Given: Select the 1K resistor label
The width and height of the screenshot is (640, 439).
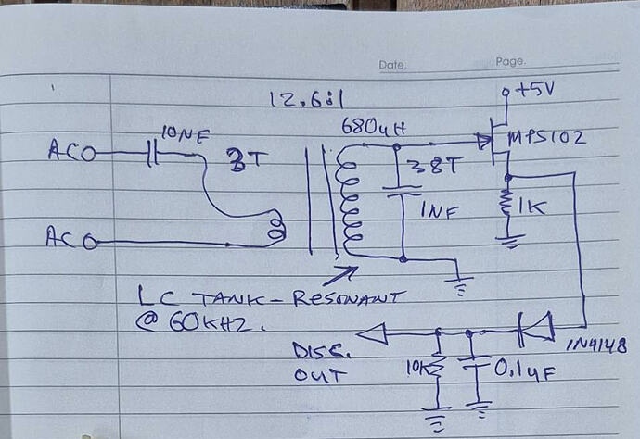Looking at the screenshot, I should click(531, 207).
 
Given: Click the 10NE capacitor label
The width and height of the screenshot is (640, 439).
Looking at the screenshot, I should click(185, 135).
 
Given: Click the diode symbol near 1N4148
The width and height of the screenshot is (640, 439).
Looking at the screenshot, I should click(535, 326).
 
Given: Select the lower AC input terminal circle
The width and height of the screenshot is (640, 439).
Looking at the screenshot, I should click(89, 243).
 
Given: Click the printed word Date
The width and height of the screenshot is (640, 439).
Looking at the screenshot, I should click(393, 65).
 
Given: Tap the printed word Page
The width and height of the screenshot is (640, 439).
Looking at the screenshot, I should click(511, 62).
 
